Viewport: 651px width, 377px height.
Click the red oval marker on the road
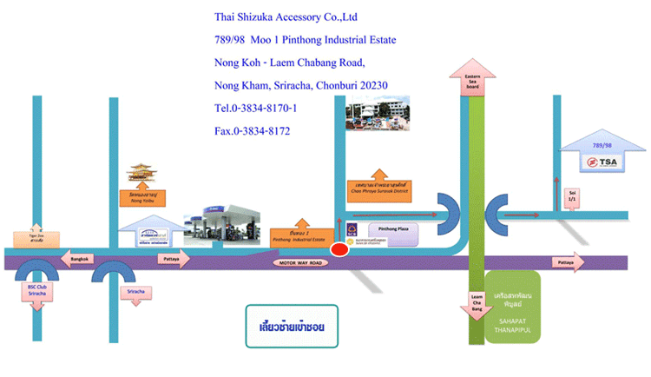coord(339,249)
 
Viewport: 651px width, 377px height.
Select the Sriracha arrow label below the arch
coord(135,291)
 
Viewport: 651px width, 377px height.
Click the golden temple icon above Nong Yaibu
coord(144,174)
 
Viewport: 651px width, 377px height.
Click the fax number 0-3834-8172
coord(252,131)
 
